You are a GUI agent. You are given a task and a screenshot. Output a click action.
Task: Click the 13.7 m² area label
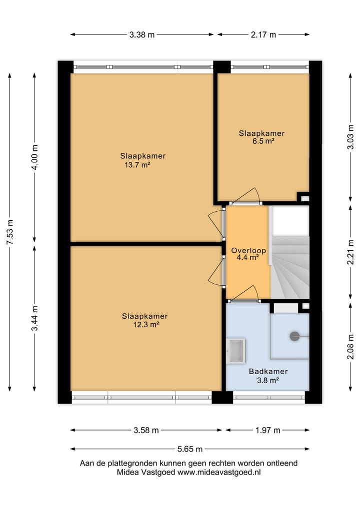point(137,165)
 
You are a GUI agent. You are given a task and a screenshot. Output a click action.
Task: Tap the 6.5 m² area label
point(263,141)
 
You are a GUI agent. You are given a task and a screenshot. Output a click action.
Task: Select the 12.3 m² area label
point(146,325)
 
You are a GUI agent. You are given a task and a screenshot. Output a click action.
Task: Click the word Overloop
point(248,250)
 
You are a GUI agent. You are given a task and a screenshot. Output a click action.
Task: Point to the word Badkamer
point(268,371)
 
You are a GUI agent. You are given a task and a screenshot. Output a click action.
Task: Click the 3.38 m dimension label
point(142,34)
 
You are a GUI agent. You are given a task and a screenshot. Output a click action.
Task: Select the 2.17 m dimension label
point(263,34)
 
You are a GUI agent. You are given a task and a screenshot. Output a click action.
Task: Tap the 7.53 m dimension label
point(10,232)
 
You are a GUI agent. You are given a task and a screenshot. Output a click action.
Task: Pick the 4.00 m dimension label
point(34,157)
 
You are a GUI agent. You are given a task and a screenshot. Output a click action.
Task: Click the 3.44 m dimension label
point(34,318)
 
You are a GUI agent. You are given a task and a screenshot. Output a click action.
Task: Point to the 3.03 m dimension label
point(350,137)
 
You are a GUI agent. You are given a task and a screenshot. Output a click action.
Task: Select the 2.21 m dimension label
point(350,252)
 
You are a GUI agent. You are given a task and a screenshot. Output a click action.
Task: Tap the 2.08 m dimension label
point(350,347)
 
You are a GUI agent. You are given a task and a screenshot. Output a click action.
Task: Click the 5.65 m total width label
point(189,449)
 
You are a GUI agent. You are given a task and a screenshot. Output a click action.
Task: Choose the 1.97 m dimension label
point(267,430)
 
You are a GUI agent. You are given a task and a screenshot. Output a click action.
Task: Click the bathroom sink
point(236,351)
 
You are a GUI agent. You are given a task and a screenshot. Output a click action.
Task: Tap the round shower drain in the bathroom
point(294,336)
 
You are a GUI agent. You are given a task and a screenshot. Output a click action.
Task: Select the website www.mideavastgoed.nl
point(219,472)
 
